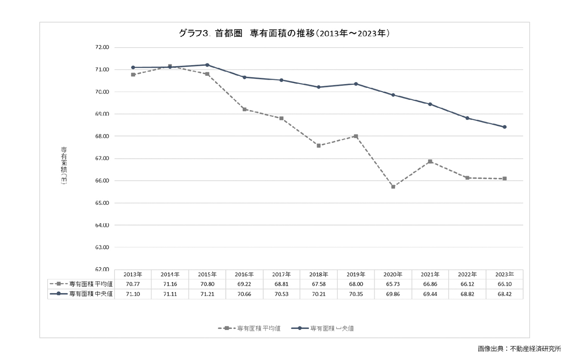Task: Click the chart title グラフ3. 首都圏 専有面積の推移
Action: [284, 34]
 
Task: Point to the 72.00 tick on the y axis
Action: [102, 47]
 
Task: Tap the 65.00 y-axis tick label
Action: [102, 203]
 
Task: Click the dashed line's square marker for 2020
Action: [393, 187]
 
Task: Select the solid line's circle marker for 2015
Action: [207, 65]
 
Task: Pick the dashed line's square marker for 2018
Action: [319, 146]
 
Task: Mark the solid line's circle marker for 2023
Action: [505, 127]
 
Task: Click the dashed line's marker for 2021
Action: [430, 161]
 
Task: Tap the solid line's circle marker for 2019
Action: [356, 84]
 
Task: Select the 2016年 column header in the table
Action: [244, 274]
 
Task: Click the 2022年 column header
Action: [467, 274]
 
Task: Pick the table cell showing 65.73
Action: [393, 284]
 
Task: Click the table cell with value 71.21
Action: [207, 294]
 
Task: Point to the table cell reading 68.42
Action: [505, 294]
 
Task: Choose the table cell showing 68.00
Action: [356, 284]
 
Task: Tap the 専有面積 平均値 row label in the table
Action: [91, 284]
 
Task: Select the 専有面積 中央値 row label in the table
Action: [91, 294]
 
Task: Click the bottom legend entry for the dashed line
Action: [249, 328]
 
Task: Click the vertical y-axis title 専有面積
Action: [64, 165]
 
